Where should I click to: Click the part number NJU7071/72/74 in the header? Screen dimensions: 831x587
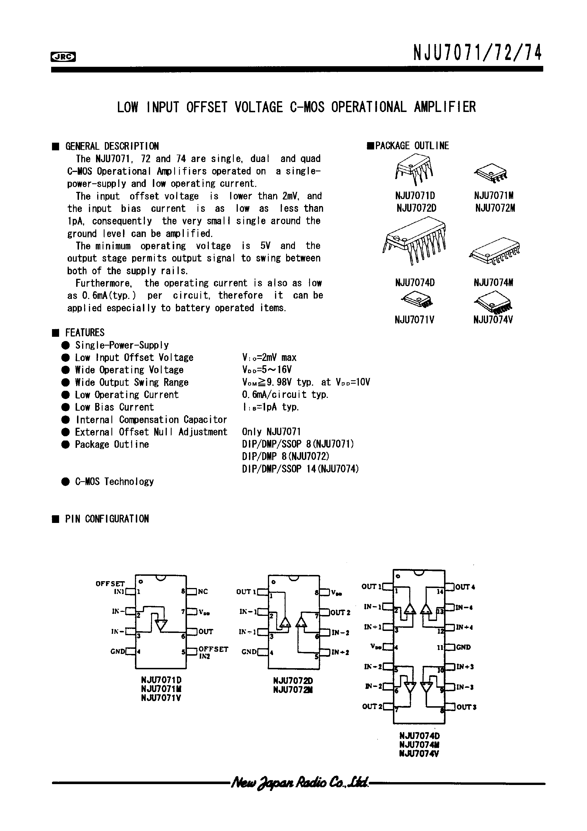[x=477, y=53]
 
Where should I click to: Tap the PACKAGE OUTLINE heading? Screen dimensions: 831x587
[x=412, y=146]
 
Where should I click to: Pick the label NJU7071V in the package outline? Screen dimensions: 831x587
[x=414, y=320]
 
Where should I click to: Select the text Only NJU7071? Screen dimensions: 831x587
[x=271, y=432]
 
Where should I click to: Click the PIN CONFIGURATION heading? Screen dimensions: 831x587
[x=107, y=519]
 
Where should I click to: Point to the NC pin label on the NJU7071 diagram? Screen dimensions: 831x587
[x=203, y=592]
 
